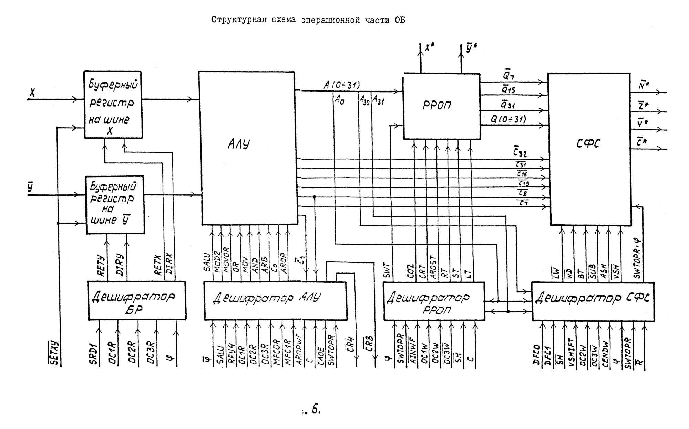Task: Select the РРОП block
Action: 442,106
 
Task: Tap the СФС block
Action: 589,149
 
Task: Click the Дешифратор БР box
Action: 136,300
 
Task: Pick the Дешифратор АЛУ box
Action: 275,300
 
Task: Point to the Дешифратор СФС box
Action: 593,301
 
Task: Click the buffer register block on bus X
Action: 113,105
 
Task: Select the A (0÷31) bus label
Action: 341,85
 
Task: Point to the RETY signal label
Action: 101,265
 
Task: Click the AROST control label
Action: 433,267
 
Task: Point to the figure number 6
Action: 316,409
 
